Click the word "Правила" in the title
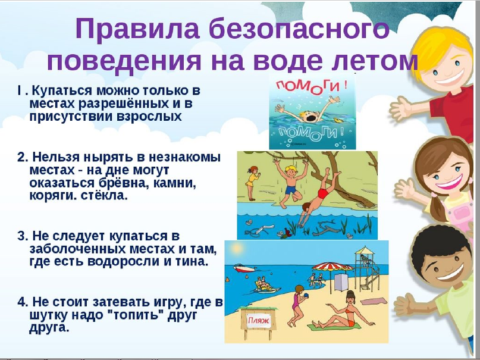point(137,29)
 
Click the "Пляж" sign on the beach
point(259,321)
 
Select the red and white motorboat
point(244,268)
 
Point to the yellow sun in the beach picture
point(237,248)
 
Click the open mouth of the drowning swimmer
point(312,118)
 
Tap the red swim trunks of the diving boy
point(322,193)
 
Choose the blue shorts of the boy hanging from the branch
point(290,190)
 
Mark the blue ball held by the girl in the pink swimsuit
point(306,295)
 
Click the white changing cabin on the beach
point(341,282)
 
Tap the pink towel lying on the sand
point(372,302)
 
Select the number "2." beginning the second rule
point(23,157)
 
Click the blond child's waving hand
point(401,107)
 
